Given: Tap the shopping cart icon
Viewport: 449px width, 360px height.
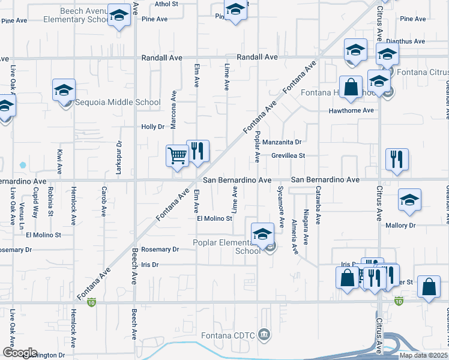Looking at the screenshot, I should pos(177,156).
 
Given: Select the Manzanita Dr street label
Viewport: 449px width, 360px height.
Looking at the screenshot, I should pos(282,142).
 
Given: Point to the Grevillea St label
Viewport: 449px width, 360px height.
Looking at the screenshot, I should pos(289,155).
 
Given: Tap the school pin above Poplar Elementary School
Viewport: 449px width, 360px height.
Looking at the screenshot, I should pos(263,234).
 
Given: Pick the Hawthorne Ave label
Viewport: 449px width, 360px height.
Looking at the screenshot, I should pos(351,111).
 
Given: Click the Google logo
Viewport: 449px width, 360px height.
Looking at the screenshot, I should pos(19,352).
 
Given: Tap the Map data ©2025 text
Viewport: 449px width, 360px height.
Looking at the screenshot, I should pos(424,355).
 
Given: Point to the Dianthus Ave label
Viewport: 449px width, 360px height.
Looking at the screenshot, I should pos(405,41).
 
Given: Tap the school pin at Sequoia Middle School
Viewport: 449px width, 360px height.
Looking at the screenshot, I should pos(64,91).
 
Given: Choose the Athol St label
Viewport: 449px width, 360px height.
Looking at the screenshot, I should pos(166,4).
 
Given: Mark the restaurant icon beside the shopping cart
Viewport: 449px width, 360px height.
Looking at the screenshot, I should pos(197,151).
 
